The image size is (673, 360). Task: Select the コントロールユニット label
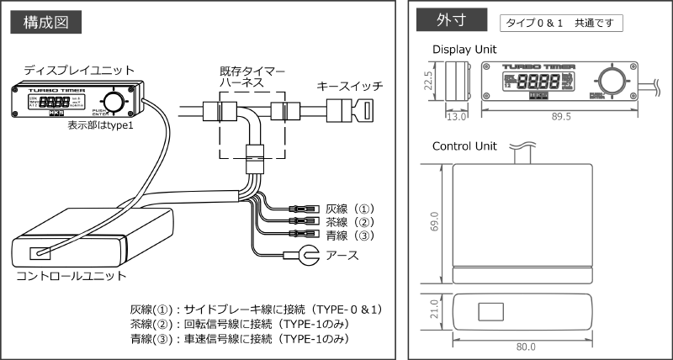coord(72,275)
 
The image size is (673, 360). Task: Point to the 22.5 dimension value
coord(429,82)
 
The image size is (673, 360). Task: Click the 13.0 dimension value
coord(456,118)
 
